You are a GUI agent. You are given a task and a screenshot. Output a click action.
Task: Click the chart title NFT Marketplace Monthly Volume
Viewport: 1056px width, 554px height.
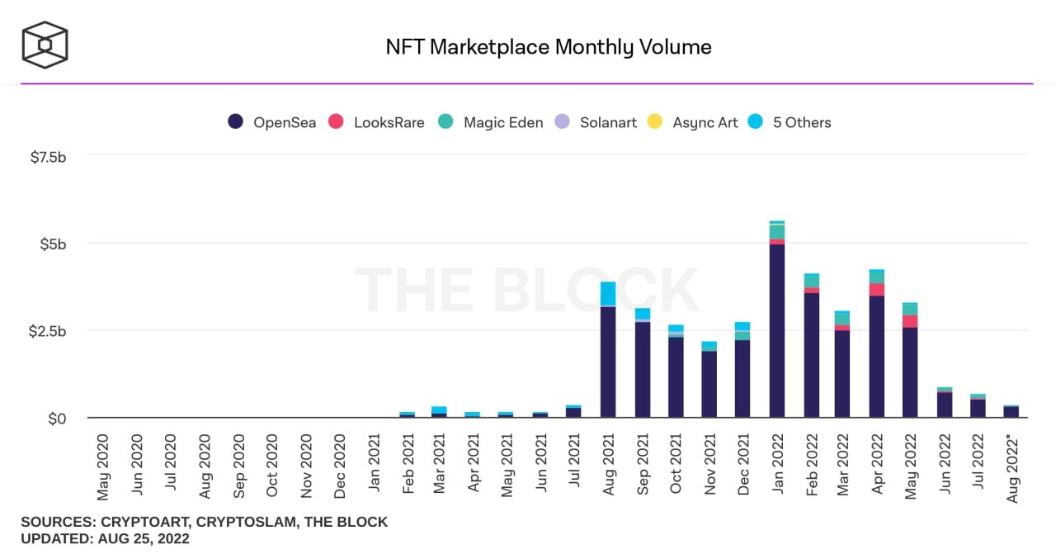click(x=549, y=47)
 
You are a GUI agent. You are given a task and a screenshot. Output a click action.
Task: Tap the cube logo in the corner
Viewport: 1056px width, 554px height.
click(x=45, y=45)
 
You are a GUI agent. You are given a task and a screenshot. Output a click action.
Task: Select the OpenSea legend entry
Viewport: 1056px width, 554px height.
click(x=271, y=122)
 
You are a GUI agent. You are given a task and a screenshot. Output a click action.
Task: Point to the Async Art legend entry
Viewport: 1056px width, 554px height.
click(x=693, y=122)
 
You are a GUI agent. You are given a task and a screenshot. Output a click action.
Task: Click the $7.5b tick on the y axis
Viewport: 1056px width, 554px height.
click(x=48, y=157)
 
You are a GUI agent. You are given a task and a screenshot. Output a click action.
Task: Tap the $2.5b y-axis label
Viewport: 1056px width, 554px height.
click(x=48, y=331)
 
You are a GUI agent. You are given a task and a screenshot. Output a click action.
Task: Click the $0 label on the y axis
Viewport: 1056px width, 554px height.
click(x=57, y=419)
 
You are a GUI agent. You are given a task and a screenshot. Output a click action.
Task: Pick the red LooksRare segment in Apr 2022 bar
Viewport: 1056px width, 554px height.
click(x=877, y=290)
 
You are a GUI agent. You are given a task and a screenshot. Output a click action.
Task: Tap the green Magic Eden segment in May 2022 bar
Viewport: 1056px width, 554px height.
click(x=910, y=309)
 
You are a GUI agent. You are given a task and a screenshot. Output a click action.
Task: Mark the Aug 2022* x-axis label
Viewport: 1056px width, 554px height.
click(x=1012, y=467)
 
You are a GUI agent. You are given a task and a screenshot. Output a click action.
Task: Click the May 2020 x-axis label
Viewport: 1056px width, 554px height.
click(x=103, y=467)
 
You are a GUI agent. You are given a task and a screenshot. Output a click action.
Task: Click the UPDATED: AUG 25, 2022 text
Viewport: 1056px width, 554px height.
click(x=105, y=539)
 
